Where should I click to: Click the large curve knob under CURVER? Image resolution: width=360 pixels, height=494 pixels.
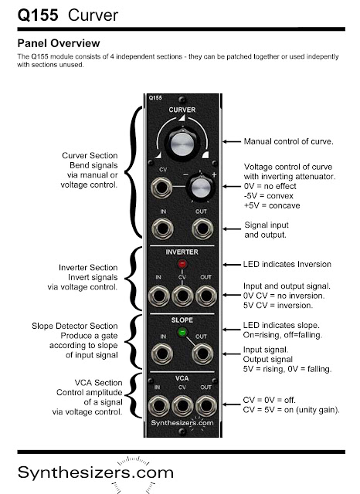pyautogui.click(x=182, y=144)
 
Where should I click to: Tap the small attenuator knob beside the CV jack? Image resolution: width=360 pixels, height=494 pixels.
pyautogui.click(x=201, y=188)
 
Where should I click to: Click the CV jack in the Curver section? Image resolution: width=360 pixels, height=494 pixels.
pyautogui.click(x=161, y=188)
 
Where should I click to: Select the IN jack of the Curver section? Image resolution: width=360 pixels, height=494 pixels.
pyautogui.click(x=162, y=228)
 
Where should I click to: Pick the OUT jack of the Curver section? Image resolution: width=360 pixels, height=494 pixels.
pyautogui.click(x=202, y=228)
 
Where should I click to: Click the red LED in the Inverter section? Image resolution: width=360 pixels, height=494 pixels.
pyautogui.click(x=182, y=264)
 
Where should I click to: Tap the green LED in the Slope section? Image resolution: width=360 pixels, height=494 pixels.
pyautogui.click(x=182, y=332)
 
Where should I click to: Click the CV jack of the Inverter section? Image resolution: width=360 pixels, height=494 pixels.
pyautogui.click(x=182, y=296)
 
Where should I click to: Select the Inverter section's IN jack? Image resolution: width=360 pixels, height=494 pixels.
pyautogui.click(x=159, y=296)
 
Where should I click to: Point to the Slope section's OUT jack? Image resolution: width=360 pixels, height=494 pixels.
pyautogui.click(x=202, y=354)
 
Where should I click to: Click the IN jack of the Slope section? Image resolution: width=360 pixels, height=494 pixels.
pyautogui.click(x=162, y=354)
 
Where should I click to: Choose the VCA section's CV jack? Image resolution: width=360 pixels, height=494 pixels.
pyautogui.click(x=182, y=406)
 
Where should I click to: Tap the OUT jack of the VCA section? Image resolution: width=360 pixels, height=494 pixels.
pyautogui.click(x=206, y=406)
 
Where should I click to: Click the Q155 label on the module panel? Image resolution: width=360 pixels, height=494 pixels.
pyautogui.click(x=155, y=98)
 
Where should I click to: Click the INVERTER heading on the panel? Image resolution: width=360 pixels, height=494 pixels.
pyautogui.click(x=182, y=252)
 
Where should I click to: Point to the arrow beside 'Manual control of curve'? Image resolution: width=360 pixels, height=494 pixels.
pyautogui.click(x=232, y=142)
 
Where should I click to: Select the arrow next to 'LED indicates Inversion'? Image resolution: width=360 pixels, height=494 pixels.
pyautogui.click(x=232, y=265)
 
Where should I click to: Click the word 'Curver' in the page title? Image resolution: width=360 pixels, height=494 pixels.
pyautogui.click(x=93, y=15)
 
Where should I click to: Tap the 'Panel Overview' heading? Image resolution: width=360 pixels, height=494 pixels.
pyautogui.click(x=59, y=43)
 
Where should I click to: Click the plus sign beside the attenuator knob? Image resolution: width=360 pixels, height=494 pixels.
pyautogui.click(x=214, y=174)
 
